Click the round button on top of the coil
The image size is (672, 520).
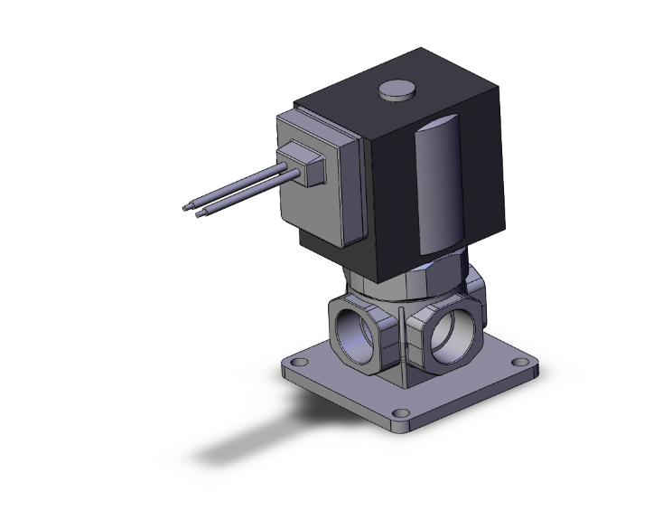394,90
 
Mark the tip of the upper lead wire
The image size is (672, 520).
186,207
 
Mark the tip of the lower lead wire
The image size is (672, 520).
201,214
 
